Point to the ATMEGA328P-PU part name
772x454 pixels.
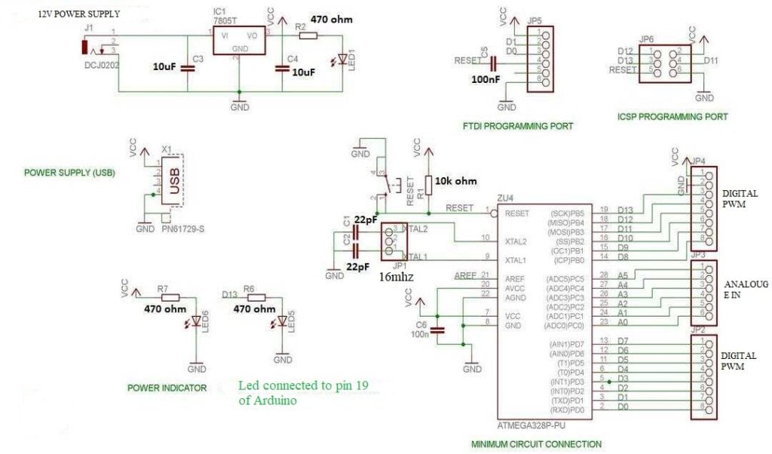pos(531,426)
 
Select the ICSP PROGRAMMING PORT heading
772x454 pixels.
pos(674,117)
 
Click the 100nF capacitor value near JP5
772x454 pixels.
pos(486,78)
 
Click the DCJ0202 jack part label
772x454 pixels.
pos(102,65)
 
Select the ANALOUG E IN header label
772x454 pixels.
pos(745,290)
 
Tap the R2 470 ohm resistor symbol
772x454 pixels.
pos(302,35)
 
